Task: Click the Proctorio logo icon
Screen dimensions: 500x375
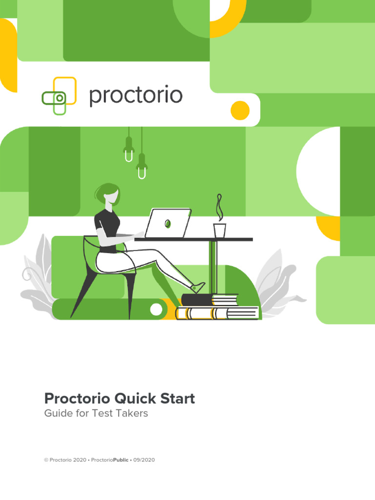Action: tap(59, 96)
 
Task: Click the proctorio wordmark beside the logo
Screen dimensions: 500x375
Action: tap(136, 96)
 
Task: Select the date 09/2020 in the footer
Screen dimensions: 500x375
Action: tap(144, 460)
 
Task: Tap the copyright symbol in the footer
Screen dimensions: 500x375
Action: tap(46, 460)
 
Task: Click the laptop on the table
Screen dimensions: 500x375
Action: tap(168, 224)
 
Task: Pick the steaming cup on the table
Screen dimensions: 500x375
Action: tap(220, 230)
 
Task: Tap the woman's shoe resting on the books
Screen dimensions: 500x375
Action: tap(198, 288)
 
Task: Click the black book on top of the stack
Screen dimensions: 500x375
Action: tap(197, 299)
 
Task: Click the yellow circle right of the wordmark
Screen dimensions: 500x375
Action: tap(240, 110)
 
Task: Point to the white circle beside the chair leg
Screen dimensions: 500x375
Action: tap(156, 309)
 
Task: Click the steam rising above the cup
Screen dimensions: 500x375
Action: tap(220, 208)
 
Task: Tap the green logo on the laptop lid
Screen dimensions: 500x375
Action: tap(167, 224)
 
